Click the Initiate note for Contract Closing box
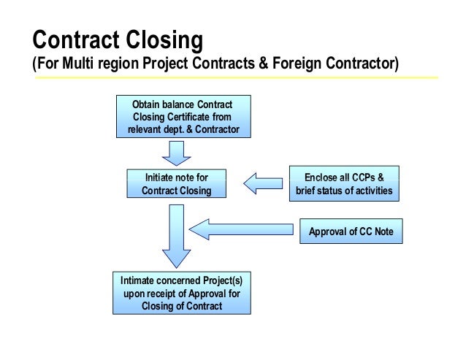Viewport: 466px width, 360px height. coord(176,183)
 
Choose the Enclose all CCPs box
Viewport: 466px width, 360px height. coord(344,183)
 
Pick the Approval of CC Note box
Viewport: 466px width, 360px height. coord(351,232)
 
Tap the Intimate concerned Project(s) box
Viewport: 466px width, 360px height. coord(182,293)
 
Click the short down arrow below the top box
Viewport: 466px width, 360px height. coord(176,153)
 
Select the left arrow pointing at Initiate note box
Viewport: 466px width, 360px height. coord(263,183)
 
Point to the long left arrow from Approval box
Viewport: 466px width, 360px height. coord(245,230)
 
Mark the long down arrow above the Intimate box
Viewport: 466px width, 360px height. coord(176,237)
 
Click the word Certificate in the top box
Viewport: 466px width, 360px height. coord(203,117)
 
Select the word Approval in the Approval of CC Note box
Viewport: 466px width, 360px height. coord(328,232)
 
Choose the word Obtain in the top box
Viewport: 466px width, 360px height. coord(146,104)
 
